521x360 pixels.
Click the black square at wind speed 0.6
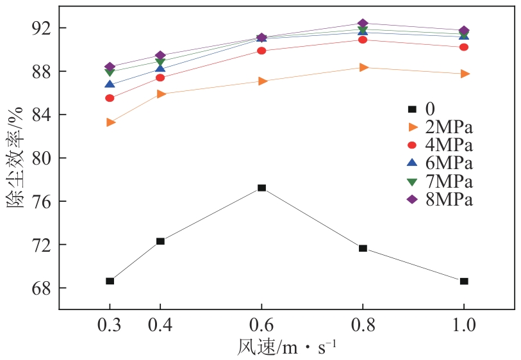click(261, 188)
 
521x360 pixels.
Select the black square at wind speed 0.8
click(363, 248)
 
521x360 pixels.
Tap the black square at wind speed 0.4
click(160, 241)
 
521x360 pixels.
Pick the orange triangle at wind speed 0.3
click(111, 122)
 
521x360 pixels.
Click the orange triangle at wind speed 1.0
click(464, 74)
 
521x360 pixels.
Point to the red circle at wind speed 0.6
click(261, 51)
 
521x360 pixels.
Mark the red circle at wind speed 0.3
click(110, 98)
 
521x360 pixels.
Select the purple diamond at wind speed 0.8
click(363, 24)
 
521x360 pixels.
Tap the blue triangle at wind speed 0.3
click(110, 84)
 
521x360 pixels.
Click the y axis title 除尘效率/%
click(15, 158)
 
